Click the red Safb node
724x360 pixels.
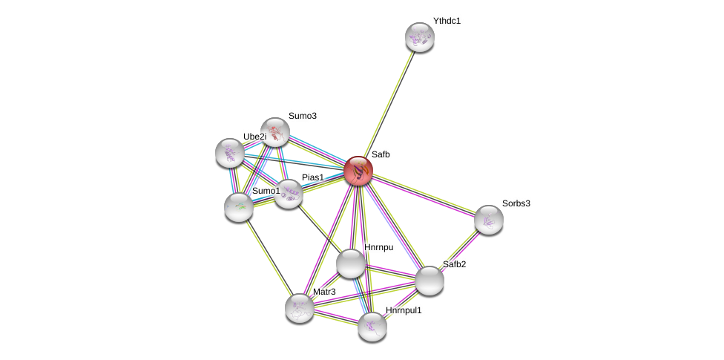pyautogui.click(x=358, y=171)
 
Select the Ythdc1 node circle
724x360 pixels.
pyautogui.click(x=420, y=37)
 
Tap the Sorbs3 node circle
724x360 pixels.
pyautogui.click(x=489, y=220)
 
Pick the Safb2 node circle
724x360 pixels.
pyautogui.click(x=430, y=281)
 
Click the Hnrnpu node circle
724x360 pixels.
pyautogui.click(x=350, y=264)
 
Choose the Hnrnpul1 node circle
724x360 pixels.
pyautogui.click(x=372, y=327)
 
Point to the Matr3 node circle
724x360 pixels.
pyautogui.click(x=300, y=308)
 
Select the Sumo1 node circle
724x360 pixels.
pyautogui.click(x=239, y=207)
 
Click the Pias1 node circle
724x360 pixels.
pyautogui.click(x=289, y=194)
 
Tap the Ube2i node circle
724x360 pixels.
pyautogui.click(x=230, y=152)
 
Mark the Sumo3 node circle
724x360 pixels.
pyautogui.click(x=275, y=132)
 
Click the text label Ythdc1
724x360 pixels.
pyautogui.click(x=447, y=21)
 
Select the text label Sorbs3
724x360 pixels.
pyautogui.click(x=516, y=203)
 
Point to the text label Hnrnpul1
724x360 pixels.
pyautogui.click(x=403, y=310)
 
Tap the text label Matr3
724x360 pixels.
pyautogui.click(x=324, y=292)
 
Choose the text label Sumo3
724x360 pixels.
pyautogui.click(x=302, y=116)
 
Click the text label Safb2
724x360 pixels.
pyautogui.click(x=454, y=264)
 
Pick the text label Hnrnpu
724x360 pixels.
pyautogui.click(x=378, y=247)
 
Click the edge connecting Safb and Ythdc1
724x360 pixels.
pyautogui.click(x=389, y=103)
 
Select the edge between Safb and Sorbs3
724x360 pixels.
pyautogui.click(x=424, y=195)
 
